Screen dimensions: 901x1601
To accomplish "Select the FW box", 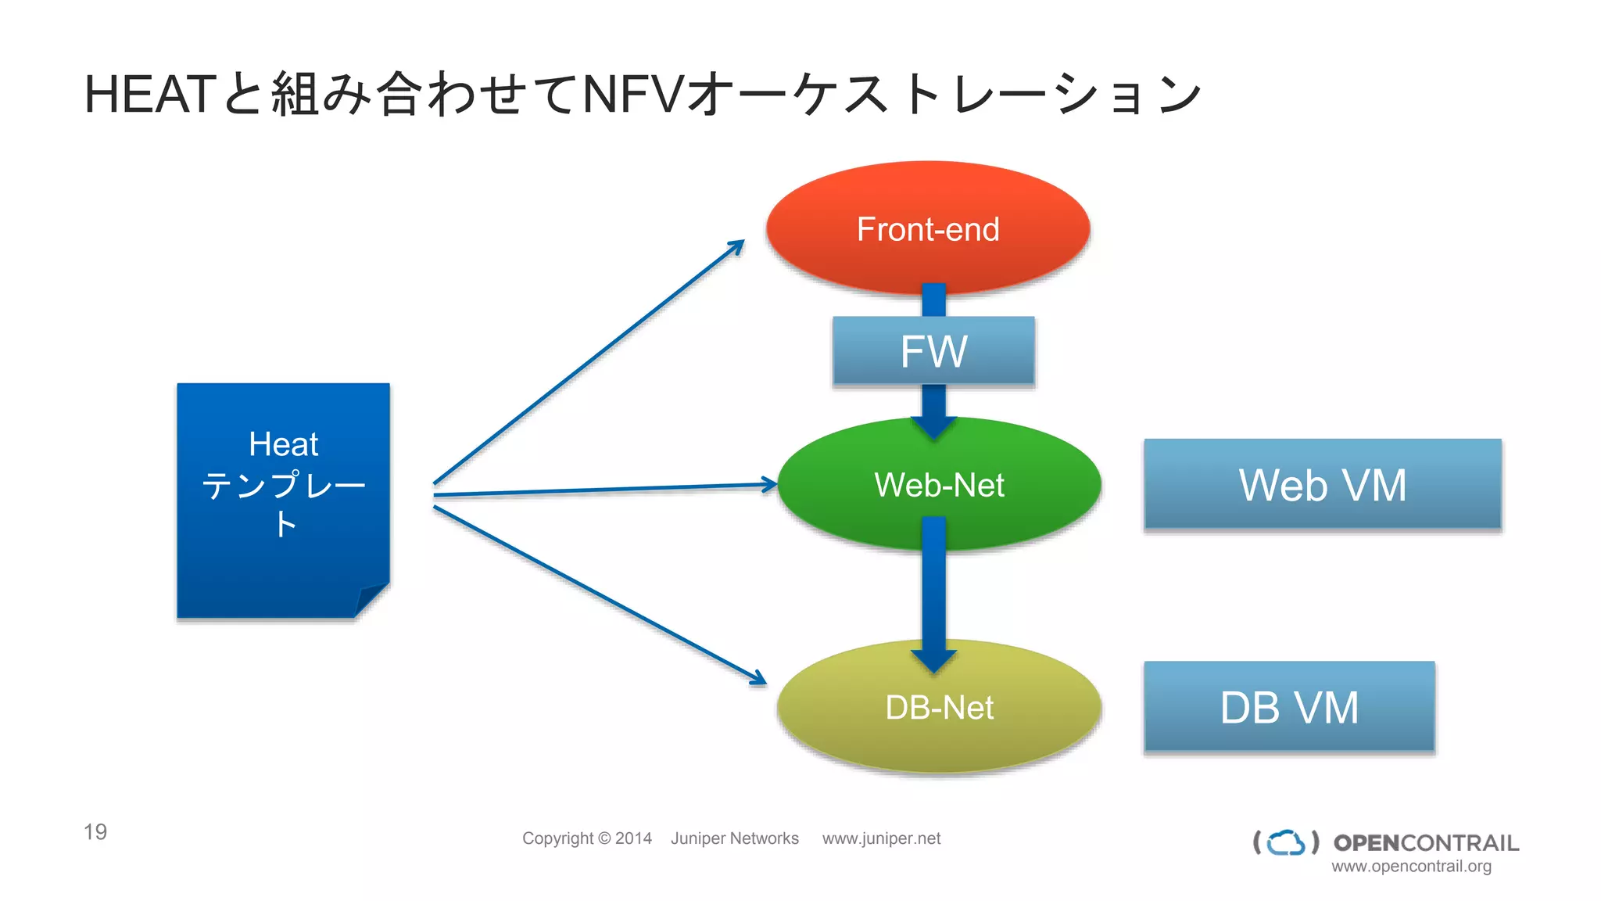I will click(933, 351).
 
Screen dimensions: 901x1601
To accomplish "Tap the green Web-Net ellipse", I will click(939, 484).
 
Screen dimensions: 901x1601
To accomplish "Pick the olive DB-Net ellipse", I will click(939, 707).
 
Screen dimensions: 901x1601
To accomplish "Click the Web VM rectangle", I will click(1322, 484).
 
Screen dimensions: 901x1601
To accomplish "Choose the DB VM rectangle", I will click(1289, 707).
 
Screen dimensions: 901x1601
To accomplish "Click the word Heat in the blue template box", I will click(283, 444).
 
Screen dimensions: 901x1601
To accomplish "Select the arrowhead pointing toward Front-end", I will click(736, 247).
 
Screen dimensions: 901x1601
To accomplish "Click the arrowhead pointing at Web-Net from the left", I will click(769, 484).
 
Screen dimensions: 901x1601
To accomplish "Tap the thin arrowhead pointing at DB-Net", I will click(758, 678).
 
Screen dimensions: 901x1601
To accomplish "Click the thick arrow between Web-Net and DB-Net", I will click(933, 594).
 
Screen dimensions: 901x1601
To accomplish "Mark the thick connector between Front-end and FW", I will click(933, 300).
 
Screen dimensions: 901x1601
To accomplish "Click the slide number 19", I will click(95, 831).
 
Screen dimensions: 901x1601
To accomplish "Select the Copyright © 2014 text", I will click(586, 838).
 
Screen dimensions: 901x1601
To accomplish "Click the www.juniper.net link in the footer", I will click(881, 838).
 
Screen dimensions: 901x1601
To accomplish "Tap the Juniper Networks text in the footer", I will click(734, 838).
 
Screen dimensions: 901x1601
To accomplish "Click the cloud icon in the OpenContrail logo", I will click(1286, 842).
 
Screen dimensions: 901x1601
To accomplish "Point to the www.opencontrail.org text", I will click(1411, 867).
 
